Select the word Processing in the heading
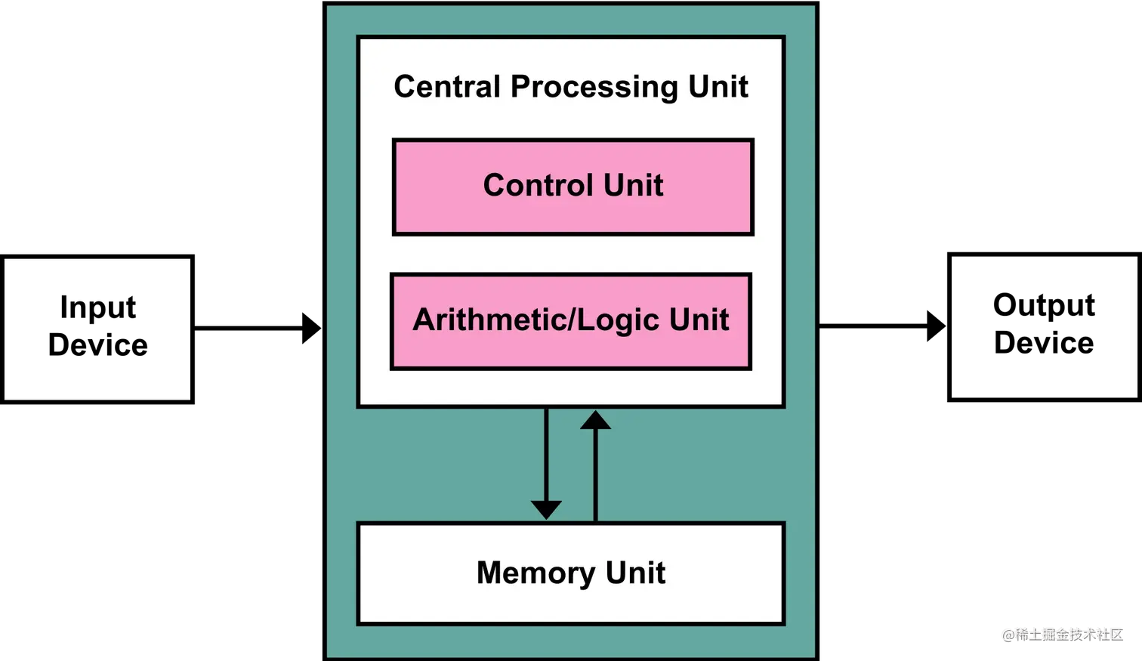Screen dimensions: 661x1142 (594, 88)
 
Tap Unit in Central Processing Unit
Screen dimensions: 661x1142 (718, 87)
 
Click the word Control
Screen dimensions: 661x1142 (538, 185)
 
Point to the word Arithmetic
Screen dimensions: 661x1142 (488, 320)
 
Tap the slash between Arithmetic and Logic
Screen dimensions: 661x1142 (572, 320)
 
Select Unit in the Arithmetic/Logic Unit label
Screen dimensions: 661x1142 (699, 320)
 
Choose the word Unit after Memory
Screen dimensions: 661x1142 (635, 573)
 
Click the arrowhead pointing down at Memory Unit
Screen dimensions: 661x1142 (546, 510)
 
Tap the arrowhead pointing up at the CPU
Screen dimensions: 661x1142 (595, 420)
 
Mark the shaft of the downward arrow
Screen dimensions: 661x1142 (546, 453)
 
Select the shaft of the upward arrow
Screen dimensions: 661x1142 (595, 476)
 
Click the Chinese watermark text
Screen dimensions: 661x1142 (1069, 633)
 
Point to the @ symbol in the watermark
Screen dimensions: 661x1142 (1008, 634)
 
